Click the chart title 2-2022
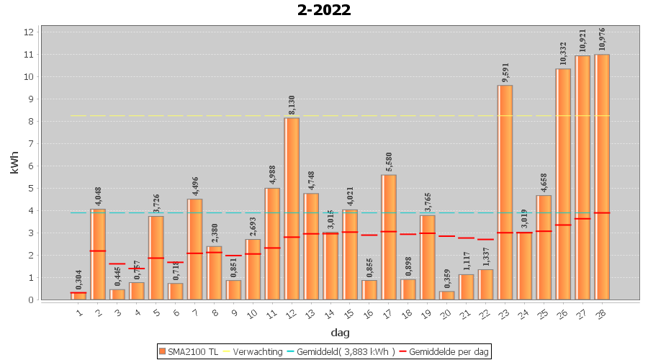point(324,10)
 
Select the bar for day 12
point(292,208)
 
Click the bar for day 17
point(389,237)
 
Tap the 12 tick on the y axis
point(29,32)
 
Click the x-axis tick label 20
point(446,312)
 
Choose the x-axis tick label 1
point(79,312)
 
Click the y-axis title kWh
point(15,163)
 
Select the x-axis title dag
point(341,332)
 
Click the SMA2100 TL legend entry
point(188,351)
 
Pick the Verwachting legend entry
point(254,351)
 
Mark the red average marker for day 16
point(369,235)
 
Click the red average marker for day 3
point(117,264)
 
